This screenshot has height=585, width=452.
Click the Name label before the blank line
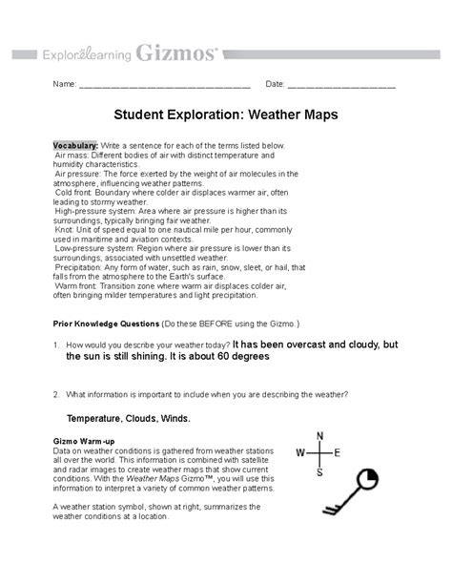click(x=63, y=85)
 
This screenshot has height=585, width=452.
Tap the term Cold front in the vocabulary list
click(x=76, y=185)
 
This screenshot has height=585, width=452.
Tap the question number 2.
click(x=57, y=394)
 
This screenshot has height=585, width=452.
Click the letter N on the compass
click(x=319, y=436)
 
